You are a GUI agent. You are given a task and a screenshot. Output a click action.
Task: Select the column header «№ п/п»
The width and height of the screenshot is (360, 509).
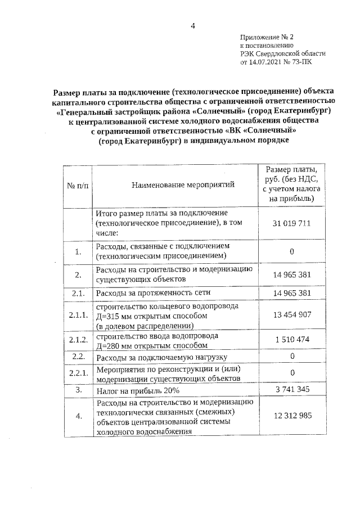[78, 184]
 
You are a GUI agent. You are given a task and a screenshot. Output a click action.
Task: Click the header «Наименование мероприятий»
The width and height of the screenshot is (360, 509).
[175, 184]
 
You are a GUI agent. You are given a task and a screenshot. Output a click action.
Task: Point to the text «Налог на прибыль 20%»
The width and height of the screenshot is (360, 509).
[133, 390]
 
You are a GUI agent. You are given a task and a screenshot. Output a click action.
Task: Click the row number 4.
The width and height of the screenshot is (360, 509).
[78, 416]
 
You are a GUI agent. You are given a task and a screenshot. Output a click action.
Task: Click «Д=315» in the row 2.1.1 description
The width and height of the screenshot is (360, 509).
[107, 317]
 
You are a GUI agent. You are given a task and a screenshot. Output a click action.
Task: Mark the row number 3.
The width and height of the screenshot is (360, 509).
[78, 389]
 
